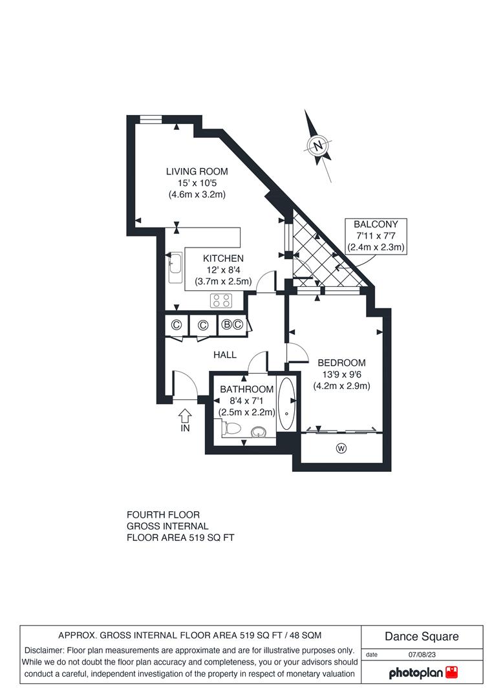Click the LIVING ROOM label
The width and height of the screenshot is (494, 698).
[x=197, y=171]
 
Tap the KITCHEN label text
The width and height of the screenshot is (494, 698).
[x=223, y=259]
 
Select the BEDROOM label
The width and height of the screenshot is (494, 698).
[x=341, y=363]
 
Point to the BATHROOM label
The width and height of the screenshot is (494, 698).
[x=246, y=389]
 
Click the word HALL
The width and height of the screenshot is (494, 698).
[x=225, y=355]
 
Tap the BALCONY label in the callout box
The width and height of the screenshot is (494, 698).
[x=376, y=224]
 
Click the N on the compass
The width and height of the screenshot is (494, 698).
[x=317, y=145]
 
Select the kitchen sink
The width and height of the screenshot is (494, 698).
[x=175, y=268]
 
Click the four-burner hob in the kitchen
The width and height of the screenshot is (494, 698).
[x=221, y=301]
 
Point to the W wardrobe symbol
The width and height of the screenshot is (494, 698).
[x=341, y=448]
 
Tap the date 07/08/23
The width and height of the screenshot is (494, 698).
[x=422, y=654]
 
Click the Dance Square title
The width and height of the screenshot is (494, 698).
[x=422, y=636]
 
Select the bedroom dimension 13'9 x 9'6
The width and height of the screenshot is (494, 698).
[x=341, y=374]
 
